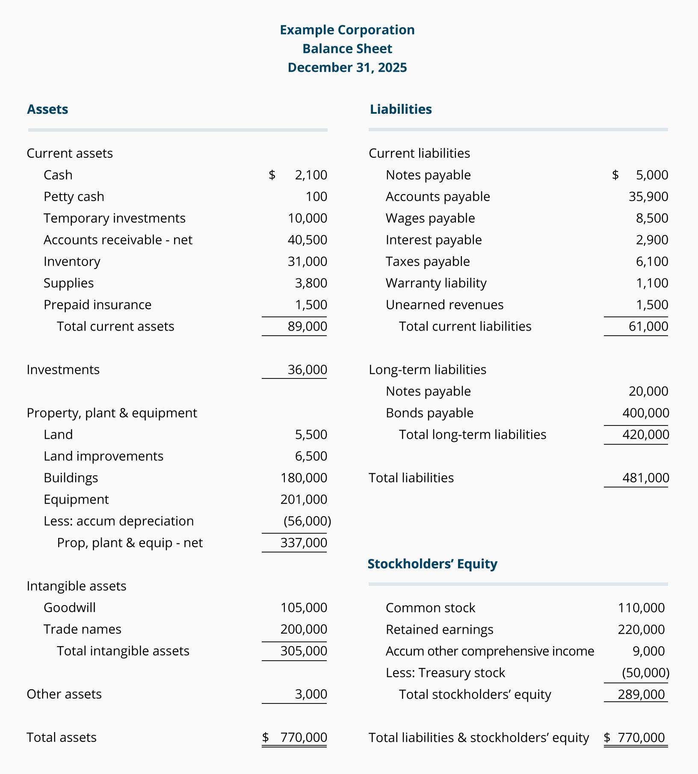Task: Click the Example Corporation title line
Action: point(347,30)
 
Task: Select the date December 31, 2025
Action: point(347,68)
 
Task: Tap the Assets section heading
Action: point(47,109)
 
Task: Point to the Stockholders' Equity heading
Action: point(432,564)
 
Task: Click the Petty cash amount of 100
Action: point(316,197)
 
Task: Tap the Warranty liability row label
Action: point(436,283)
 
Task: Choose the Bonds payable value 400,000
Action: point(645,413)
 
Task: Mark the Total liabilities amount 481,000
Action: point(645,478)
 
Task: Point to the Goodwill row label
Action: point(70,608)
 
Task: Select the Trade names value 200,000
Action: point(304,629)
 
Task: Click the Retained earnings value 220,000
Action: point(641,629)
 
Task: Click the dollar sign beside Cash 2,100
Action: point(272,175)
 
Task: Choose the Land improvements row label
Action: point(104,456)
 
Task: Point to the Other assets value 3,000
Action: point(311,694)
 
